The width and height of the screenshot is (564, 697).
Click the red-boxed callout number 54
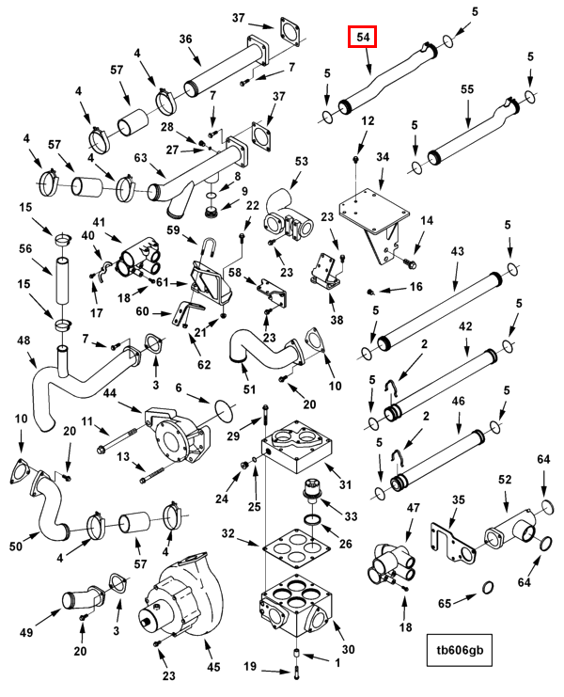pos(363,37)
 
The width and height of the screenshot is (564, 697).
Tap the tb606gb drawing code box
pos(460,650)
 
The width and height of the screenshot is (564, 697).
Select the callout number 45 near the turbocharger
pos(213,667)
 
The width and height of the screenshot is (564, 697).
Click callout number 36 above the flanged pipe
pos(185,40)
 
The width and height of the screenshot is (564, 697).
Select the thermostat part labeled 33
pos(311,490)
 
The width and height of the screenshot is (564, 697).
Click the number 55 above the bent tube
pos(467,89)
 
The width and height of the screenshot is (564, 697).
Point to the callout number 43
pos(458,251)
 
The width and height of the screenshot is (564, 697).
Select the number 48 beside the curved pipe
pos(23,341)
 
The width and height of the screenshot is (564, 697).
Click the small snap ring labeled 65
pos(488,588)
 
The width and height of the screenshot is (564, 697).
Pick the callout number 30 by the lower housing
pos(348,649)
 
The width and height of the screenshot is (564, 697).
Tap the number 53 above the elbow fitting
pos(301,161)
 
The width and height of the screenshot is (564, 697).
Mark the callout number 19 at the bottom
pos(250,666)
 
